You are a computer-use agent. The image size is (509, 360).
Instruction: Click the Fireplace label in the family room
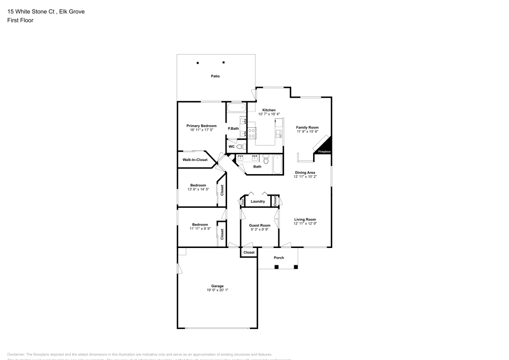(x=324, y=152)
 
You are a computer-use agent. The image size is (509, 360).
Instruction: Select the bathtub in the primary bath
(x=236, y=108)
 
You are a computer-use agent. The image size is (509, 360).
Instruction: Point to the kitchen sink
(x=278, y=133)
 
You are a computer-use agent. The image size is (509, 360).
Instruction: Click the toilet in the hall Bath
(x=265, y=158)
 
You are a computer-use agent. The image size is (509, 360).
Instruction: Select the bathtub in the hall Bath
(x=277, y=164)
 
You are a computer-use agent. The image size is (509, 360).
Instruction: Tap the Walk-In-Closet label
(x=195, y=160)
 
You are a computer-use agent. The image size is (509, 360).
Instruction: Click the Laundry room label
(x=258, y=201)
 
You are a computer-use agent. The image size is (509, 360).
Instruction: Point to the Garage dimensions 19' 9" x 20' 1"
(x=217, y=290)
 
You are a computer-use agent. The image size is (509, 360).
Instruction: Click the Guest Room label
(x=259, y=225)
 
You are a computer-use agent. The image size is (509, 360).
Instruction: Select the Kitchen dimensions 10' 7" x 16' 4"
(x=269, y=114)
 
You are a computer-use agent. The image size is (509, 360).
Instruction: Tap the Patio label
(x=216, y=76)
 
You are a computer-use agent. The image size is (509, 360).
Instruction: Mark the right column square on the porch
(x=297, y=266)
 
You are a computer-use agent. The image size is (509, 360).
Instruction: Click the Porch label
(x=279, y=258)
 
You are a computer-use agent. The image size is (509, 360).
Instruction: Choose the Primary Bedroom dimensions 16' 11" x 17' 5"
(x=201, y=130)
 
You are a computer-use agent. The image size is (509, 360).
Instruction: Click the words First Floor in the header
(x=20, y=20)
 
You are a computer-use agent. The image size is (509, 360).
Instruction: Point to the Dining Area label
(x=305, y=173)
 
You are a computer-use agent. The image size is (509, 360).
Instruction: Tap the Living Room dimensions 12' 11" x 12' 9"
(x=305, y=224)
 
